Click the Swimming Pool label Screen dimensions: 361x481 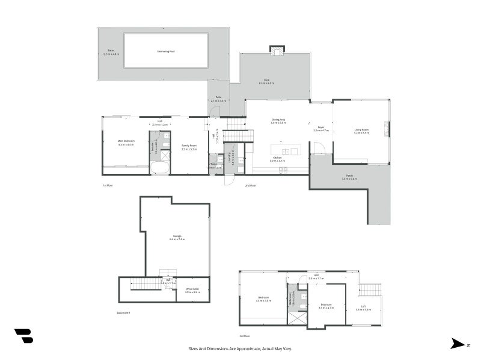coord(166,51)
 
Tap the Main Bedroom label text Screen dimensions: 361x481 coord(126,141)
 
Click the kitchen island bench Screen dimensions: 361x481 coord(286,151)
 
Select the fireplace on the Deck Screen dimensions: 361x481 coord(276,51)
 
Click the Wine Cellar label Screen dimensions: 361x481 coord(192,291)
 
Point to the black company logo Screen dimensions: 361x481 coord(23,336)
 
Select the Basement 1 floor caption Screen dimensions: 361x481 coord(123,313)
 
